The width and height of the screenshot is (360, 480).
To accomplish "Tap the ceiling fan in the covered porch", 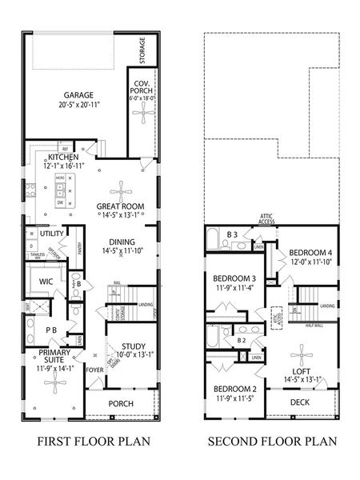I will [x=143, y=114].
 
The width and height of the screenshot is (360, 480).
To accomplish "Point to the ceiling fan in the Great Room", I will [x=122, y=189].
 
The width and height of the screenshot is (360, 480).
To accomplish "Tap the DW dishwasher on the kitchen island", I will [x=59, y=203].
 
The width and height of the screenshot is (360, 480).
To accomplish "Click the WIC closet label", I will [x=45, y=281].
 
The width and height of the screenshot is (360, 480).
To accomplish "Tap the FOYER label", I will [x=96, y=370].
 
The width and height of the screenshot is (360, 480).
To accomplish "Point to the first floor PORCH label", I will [x=121, y=403].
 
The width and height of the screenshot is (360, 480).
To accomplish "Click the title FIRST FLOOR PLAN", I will [x=84, y=441].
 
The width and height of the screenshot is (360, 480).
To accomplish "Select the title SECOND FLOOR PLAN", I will [x=272, y=441].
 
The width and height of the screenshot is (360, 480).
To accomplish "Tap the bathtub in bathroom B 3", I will [x=214, y=239].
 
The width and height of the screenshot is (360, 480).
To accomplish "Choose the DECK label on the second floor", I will [x=299, y=402].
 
